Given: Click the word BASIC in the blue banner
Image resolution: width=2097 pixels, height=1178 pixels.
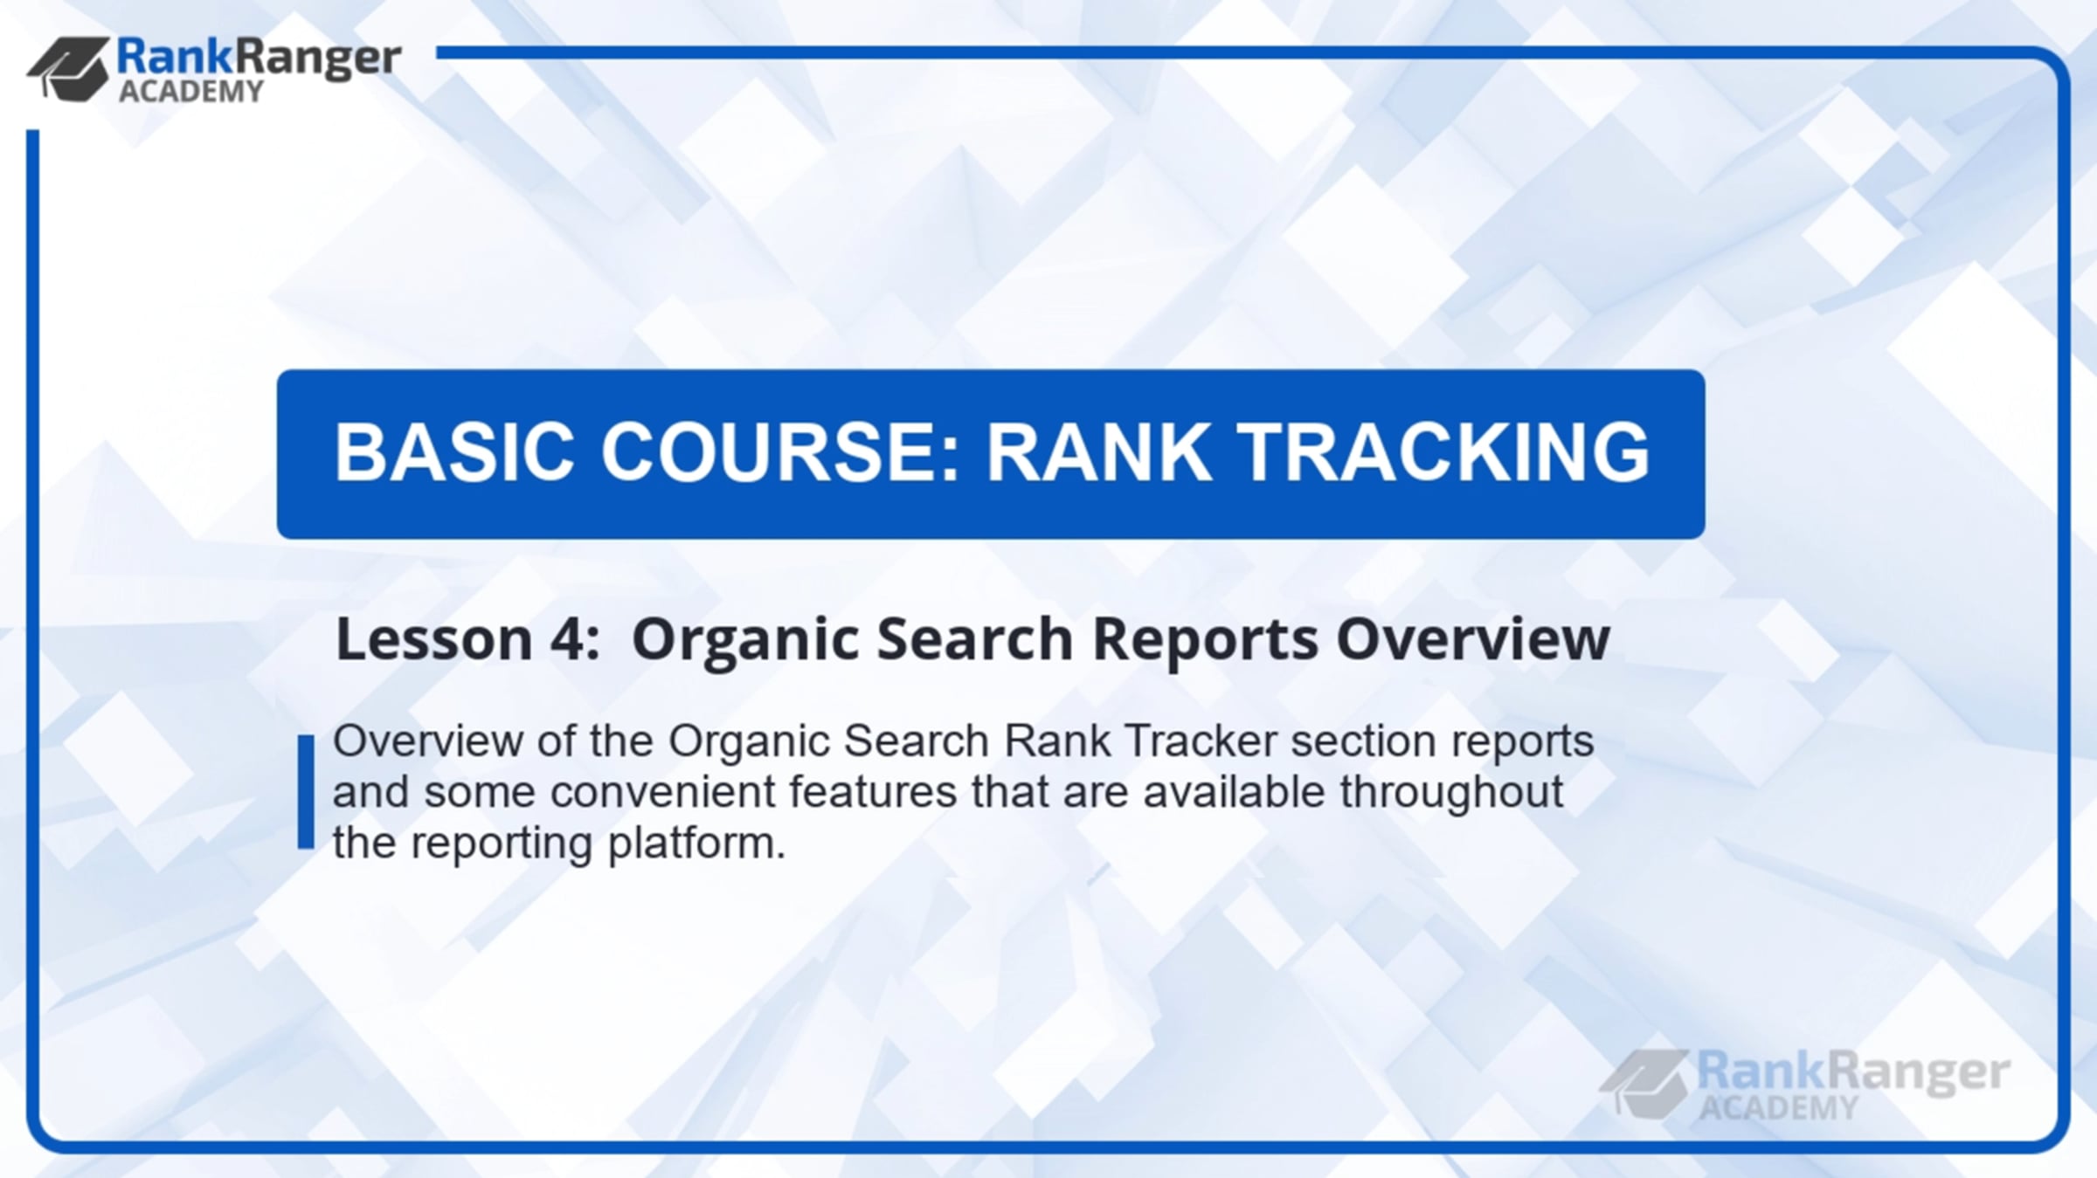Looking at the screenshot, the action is point(454,451).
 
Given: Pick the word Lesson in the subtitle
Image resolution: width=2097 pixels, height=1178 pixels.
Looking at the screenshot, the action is point(434,638).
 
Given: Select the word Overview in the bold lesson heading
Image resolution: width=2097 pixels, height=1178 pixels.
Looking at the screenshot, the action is point(1473,638).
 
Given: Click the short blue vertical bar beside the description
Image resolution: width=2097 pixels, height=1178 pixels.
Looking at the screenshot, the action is point(306,791).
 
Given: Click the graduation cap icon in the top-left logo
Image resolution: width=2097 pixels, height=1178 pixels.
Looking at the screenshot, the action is point(69,68).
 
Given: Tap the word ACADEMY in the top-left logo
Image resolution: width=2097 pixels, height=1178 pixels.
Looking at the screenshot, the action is point(190,91).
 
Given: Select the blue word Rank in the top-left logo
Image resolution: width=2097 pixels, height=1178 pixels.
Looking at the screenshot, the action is point(176,57).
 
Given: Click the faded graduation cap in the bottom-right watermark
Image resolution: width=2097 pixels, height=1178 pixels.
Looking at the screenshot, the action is point(1644,1083).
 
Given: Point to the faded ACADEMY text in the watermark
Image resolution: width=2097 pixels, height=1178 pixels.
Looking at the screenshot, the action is point(1779,1107).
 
